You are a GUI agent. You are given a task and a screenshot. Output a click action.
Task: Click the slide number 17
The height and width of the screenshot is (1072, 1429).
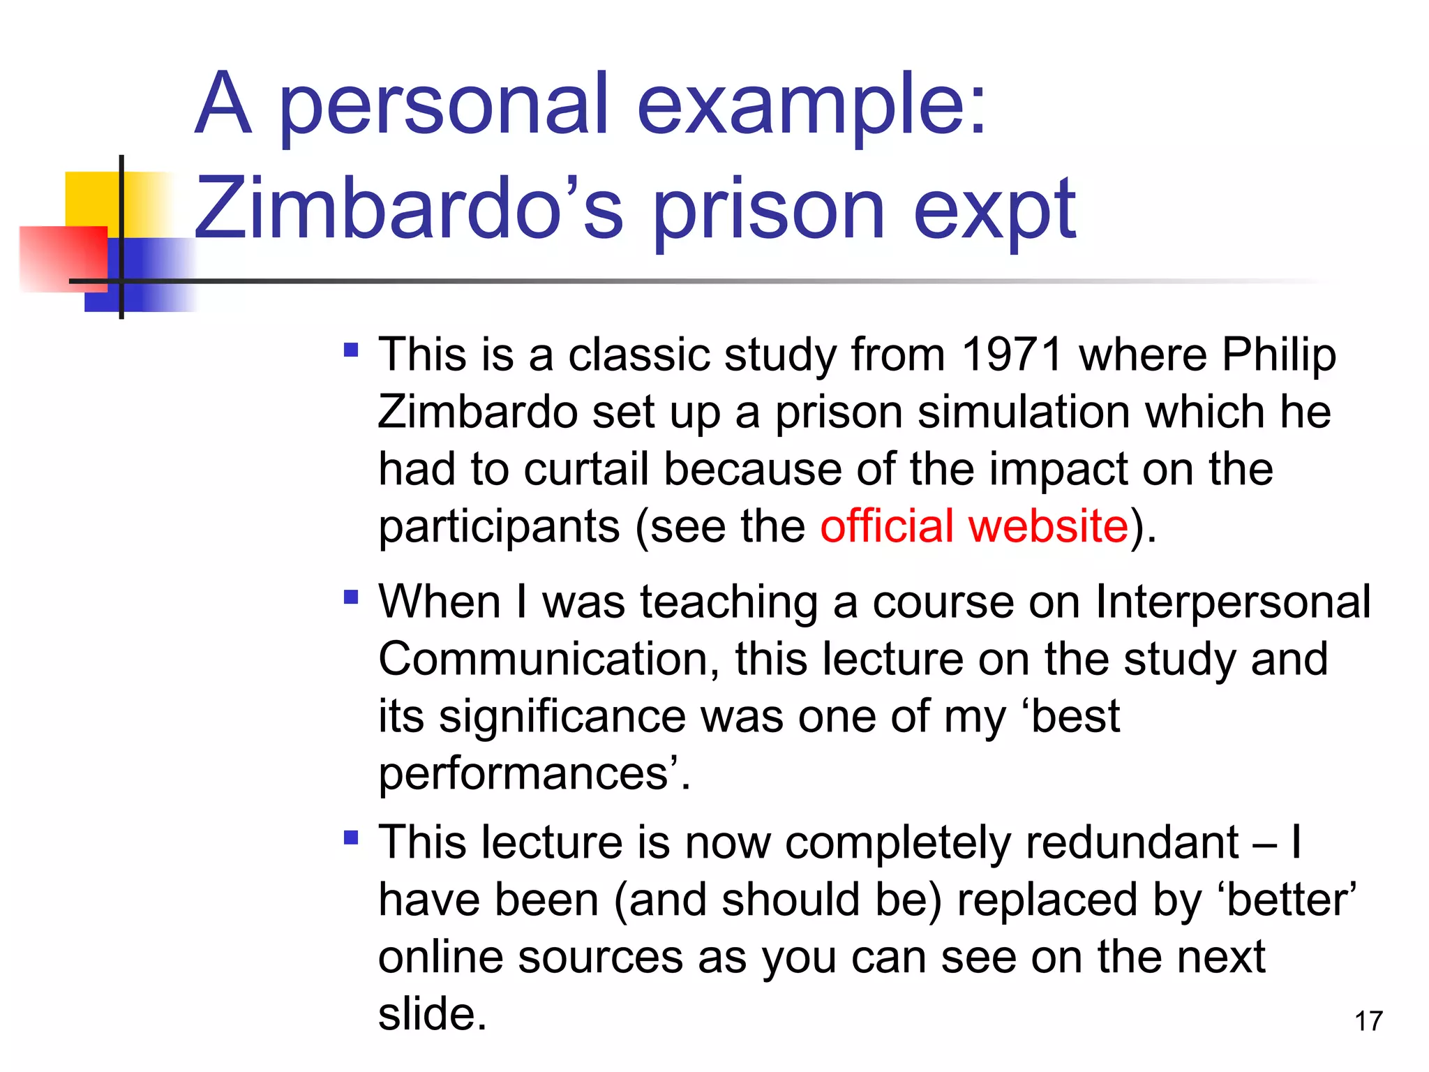pyautogui.click(x=1368, y=1021)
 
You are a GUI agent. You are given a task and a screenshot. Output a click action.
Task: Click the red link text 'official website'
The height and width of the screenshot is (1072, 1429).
pyautogui.click(x=974, y=526)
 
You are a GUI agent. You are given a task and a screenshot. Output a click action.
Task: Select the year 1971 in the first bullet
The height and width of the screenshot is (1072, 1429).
pyautogui.click(x=1012, y=355)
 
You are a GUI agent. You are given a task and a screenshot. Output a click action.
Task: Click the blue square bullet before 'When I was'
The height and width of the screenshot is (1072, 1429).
pyautogui.click(x=351, y=597)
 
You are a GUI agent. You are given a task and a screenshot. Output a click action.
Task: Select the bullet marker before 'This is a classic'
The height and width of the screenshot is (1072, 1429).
pyautogui.click(x=351, y=349)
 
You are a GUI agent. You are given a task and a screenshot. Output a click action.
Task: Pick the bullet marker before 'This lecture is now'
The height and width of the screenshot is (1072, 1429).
pyautogui.click(x=351, y=836)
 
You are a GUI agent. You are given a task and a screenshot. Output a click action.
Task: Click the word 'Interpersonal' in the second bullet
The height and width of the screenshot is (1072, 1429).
pyautogui.click(x=1232, y=602)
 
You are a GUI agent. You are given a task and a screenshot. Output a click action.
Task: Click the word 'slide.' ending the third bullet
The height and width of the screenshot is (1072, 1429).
pyautogui.click(x=432, y=1013)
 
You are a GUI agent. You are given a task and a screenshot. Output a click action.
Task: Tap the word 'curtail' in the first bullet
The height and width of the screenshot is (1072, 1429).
pyautogui.click(x=586, y=468)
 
